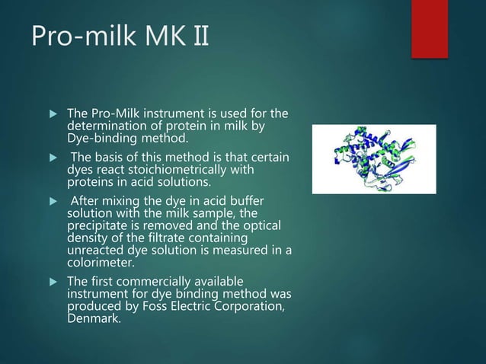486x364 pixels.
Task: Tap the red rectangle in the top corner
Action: click(429, 28)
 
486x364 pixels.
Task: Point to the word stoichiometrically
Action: click(192, 170)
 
